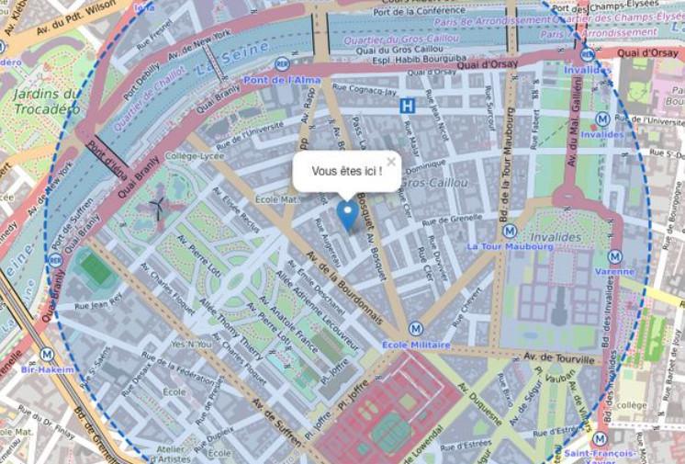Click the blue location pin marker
(347, 214)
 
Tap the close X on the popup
(391, 162)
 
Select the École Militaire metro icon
(415, 327)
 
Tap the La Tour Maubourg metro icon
(510, 231)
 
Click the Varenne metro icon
(614, 256)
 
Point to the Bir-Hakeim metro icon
(47, 354)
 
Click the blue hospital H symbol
(407, 106)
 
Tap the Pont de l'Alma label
(307, 80)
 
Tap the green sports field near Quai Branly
(96, 266)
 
